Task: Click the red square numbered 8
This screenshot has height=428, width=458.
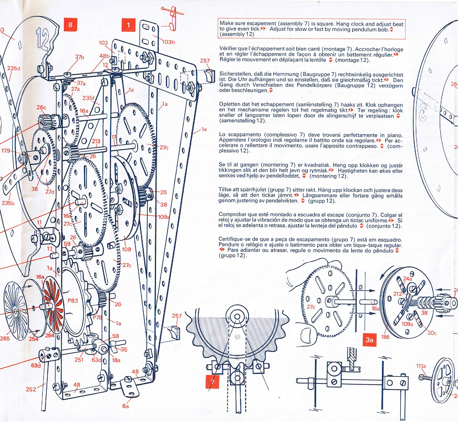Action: pyautogui.click(x=70, y=25)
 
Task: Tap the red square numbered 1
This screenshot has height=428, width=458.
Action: pyautogui.click(x=128, y=25)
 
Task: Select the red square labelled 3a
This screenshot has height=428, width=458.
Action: pyautogui.click(x=369, y=340)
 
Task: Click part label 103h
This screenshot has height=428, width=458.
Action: pyautogui.click(x=169, y=42)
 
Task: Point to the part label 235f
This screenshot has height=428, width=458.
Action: pyautogui.click(x=88, y=98)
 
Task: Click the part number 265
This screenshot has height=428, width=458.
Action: pyautogui.click(x=5, y=338)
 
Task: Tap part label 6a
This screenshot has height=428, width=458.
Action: pyautogui.click(x=125, y=406)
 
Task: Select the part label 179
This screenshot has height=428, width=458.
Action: pyautogui.click(x=6, y=151)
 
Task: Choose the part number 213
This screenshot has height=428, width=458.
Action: pyautogui.click(x=96, y=141)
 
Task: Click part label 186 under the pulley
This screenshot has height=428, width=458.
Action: pyautogui.click(x=385, y=337)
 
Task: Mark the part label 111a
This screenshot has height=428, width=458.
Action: pyautogui.click(x=421, y=366)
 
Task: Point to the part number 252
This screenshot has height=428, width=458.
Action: pyautogui.click(x=31, y=389)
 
